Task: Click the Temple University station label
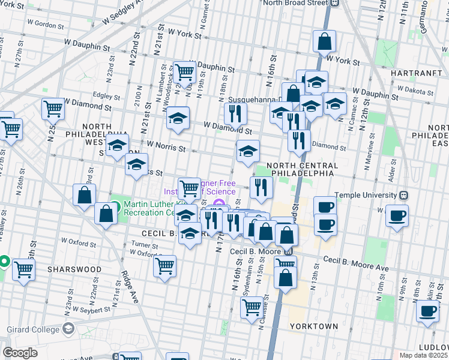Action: tap(367, 196)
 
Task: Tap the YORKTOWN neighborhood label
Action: tap(313, 326)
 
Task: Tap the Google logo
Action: tap(20, 353)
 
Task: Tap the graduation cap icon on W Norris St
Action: tap(118, 145)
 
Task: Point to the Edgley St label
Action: tap(107, 95)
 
